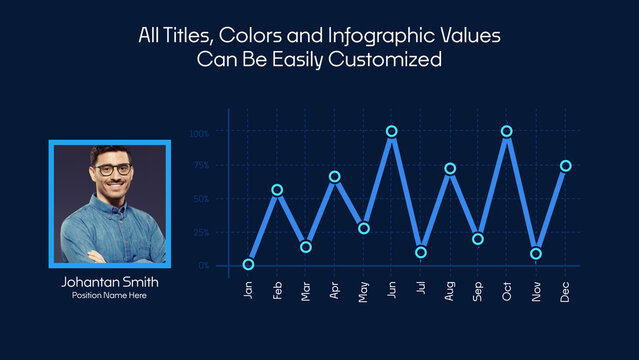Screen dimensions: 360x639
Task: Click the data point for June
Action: tap(392, 131)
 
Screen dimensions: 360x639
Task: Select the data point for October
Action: tap(507, 131)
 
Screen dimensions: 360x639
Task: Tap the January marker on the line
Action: tap(248, 265)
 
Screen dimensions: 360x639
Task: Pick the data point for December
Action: tap(566, 166)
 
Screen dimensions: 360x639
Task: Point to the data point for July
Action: tap(421, 252)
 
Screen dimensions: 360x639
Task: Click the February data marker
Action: tap(277, 190)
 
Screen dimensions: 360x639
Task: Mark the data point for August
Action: tap(450, 169)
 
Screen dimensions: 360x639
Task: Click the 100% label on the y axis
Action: tap(199, 133)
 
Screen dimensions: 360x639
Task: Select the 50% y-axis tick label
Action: tap(200, 199)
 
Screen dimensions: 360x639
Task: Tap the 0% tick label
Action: tap(203, 265)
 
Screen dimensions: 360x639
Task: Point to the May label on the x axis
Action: tap(364, 291)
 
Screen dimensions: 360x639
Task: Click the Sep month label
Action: tap(479, 291)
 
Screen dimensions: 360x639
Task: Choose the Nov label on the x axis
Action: tap(537, 291)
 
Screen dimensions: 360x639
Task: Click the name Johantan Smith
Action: tap(110, 282)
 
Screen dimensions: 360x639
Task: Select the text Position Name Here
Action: tap(110, 297)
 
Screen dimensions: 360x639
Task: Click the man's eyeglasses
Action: tap(113, 170)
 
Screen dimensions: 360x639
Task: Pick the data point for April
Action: tap(335, 177)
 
